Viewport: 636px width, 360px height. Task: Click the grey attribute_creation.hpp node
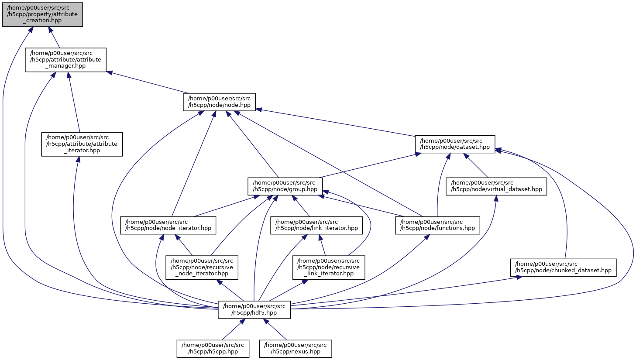[42, 14]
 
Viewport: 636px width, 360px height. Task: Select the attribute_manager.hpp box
[65, 60]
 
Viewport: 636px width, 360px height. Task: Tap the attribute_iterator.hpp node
[82, 144]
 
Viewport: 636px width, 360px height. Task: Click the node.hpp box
[219, 102]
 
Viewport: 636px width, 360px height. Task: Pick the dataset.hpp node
[455, 144]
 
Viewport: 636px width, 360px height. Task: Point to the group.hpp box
[285, 186]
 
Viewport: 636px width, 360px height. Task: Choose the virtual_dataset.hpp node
[496, 186]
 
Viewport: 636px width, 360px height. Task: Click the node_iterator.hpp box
[168, 225]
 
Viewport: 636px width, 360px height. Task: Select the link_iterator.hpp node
[316, 225]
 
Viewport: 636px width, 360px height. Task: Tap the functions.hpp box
[437, 225]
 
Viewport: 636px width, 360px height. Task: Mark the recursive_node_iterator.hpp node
[202, 267]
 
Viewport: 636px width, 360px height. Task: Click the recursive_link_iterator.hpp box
[328, 267]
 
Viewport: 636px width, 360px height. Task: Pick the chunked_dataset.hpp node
[563, 267]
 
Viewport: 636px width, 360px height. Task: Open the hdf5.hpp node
[254, 309]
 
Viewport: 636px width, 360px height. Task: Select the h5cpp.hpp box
[213, 348]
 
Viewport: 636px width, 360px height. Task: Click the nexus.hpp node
[296, 348]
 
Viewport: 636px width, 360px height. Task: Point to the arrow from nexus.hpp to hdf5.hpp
[276, 329]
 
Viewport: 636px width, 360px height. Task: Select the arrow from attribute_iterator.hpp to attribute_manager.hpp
[74, 103]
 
